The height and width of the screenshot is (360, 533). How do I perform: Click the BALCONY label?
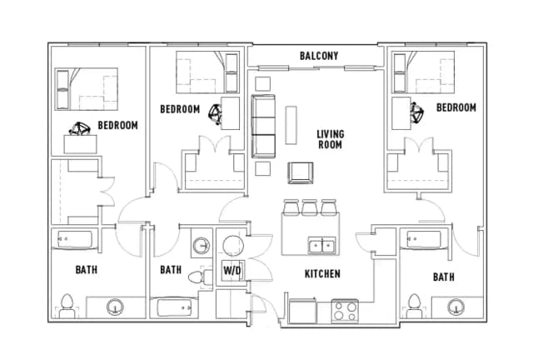point(319,56)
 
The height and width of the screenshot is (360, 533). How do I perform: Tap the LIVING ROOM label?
point(330,139)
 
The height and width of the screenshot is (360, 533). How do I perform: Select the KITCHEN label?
point(322,274)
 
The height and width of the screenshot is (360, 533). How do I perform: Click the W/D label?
point(232,271)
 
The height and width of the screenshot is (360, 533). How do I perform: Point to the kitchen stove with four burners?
point(345,312)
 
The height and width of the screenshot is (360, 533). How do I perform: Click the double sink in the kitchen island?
point(321,246)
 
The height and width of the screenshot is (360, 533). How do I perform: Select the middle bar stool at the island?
point(309,207)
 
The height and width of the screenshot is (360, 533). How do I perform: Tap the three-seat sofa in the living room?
point(263,126)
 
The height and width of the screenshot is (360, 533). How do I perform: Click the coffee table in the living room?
point(291,125)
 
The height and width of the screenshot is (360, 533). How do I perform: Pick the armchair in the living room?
point(301,172)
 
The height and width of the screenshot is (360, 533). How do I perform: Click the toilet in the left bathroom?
point(67,306)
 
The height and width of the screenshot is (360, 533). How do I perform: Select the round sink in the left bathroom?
point(115,307)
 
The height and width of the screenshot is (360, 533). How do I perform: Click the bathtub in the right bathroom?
point(424,239)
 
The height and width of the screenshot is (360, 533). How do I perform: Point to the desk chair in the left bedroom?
point(80,129)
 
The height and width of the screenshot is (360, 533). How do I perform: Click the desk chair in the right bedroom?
point(416,112)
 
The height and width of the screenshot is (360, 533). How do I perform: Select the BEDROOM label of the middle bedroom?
point(180,109)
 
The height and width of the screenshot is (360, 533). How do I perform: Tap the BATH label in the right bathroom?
point(444,277)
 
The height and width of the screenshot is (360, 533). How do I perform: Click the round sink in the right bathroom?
point(456,307)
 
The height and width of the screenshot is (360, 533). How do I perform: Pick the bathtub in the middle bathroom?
point(175,308)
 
